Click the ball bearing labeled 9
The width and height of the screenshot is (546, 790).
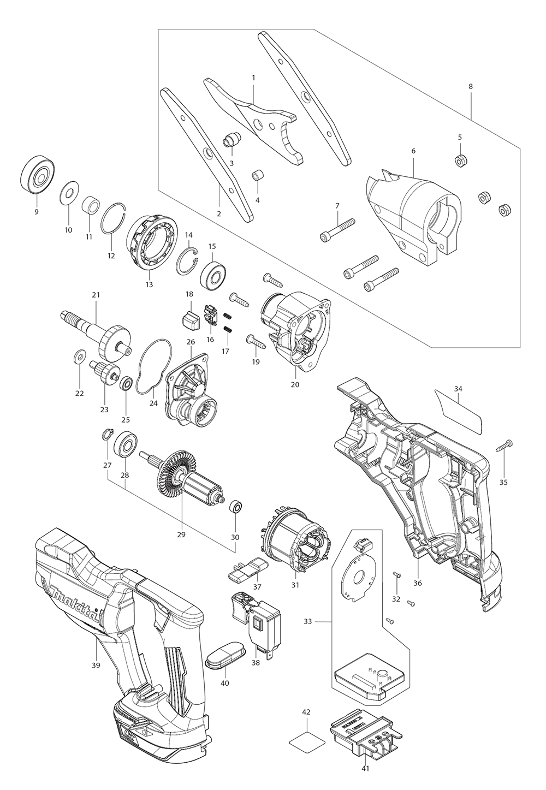point(37,176)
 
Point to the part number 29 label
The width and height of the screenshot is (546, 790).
point(181,534)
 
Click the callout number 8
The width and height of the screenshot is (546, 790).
point(471,86)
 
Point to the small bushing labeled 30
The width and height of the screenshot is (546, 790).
point(235,507)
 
